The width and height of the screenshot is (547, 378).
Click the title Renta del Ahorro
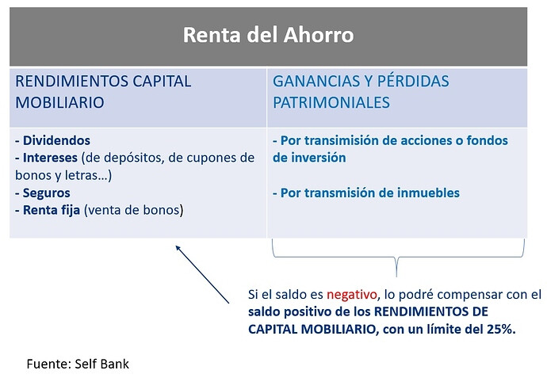tap(268, 35)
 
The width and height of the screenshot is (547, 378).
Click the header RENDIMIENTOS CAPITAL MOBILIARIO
tap(103, 92)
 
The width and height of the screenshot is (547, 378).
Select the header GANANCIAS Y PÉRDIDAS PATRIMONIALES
tap(361, 92)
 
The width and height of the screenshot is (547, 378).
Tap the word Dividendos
tap(56, 140)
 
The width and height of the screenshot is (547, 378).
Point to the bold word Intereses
tap(50, 158)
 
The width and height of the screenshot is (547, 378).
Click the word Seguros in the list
tap(47, 193)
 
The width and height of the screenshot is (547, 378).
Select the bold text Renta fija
tap(52, 210)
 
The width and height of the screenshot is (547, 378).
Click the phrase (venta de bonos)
tap(134, 210)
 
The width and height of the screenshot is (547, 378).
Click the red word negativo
tap(352, 295)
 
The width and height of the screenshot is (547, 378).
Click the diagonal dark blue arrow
tap(202, 274)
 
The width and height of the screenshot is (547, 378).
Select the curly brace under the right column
tap(398, 257)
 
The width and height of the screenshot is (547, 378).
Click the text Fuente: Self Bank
tap(78, 364)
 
